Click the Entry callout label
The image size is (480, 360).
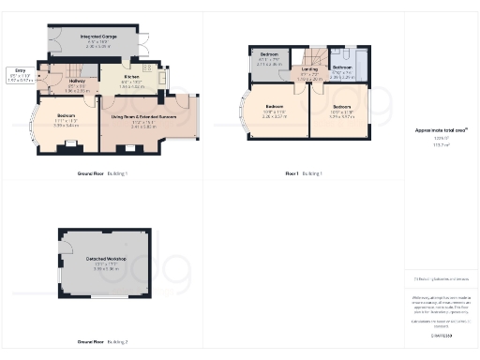(x=20, y=70)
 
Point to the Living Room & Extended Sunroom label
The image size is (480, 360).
(x=144, y=116)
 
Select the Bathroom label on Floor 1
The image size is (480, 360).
(x=342, y=67)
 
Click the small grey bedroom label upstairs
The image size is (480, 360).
(x=269, y=55)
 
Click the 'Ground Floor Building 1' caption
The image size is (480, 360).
(x=102, y=173)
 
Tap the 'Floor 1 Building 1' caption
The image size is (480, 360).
(x=304, y=173)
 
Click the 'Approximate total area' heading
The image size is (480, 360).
(x=441, y=132)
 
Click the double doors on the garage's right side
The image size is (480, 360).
(x=145, y=43)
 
